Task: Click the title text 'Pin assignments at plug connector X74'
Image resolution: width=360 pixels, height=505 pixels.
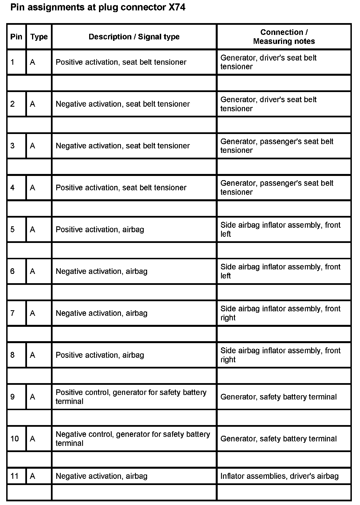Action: point(98,8)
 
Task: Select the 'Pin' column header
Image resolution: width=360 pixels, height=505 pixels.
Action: point(16,37)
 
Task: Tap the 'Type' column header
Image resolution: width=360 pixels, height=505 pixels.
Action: point(39,37)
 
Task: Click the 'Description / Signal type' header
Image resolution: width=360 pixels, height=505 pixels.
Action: point(134,37)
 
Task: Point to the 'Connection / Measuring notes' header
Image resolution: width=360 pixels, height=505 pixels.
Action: point(284,37)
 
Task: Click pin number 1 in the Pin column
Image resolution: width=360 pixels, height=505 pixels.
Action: point(13,62)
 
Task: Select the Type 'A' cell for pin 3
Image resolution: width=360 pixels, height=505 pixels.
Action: point(33,146)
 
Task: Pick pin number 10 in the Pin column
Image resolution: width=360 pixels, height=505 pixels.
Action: point(15,439)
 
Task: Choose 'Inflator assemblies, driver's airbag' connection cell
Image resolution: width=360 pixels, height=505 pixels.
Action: point(279,476)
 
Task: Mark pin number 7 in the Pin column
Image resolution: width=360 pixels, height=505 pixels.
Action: point(13,313)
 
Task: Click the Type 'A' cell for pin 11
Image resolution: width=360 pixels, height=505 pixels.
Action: point(33,476)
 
